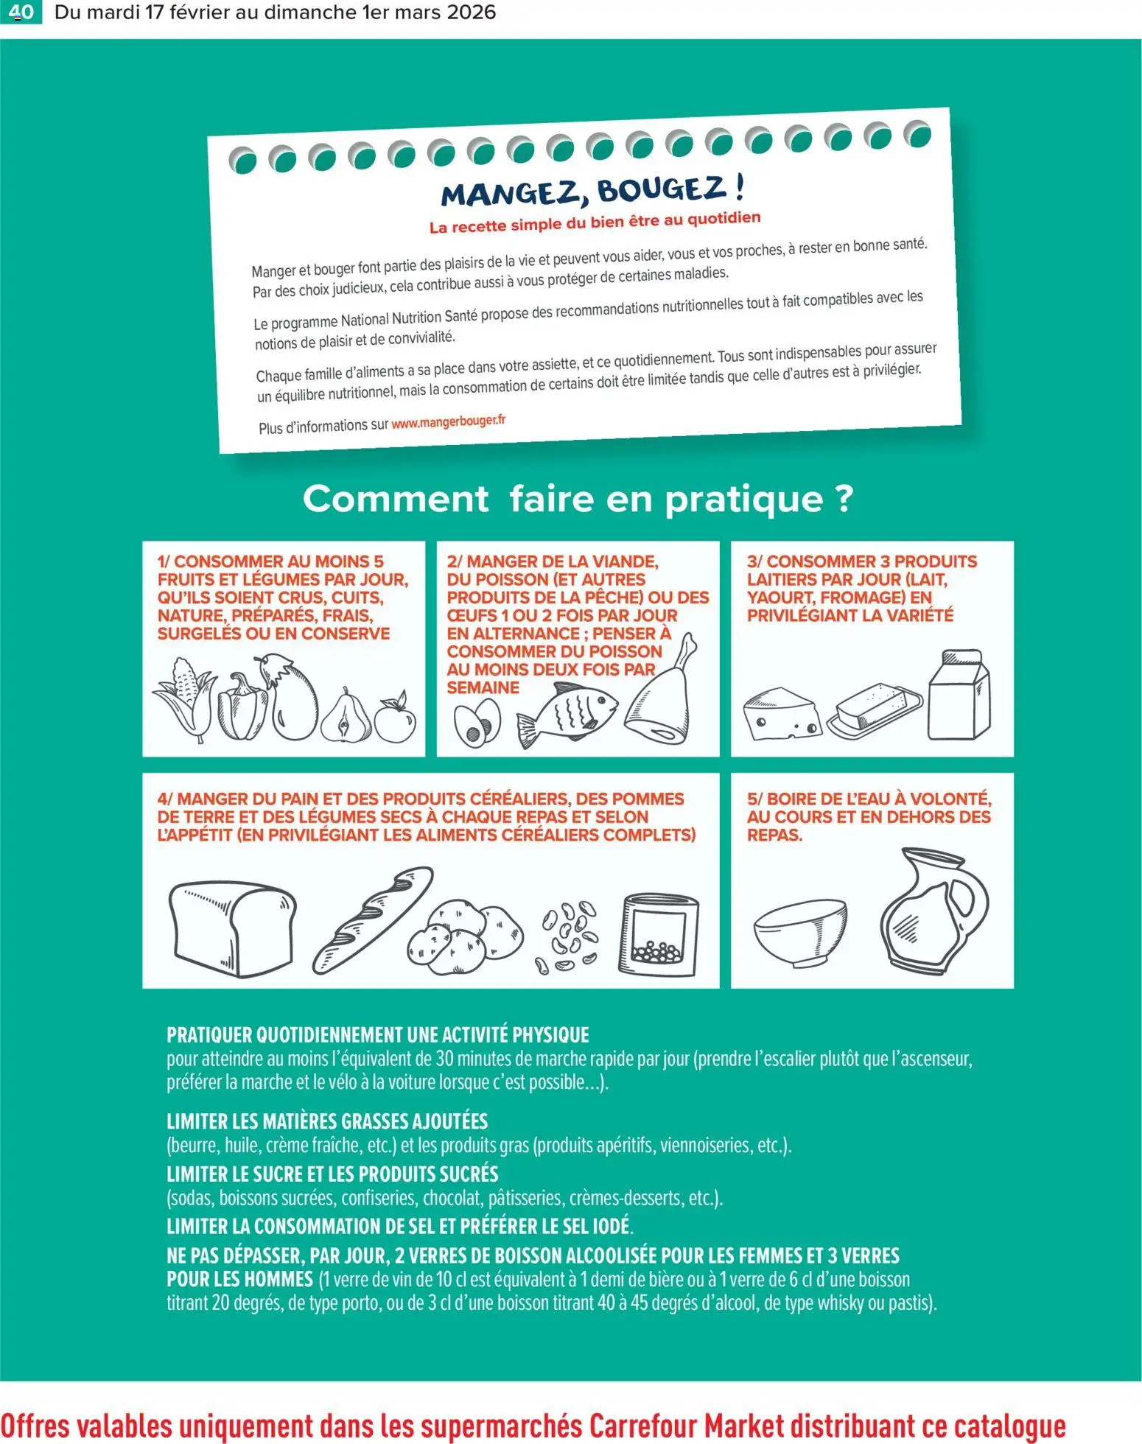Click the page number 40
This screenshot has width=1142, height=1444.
point(21,12)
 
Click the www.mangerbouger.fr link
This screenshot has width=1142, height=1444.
point(448,422)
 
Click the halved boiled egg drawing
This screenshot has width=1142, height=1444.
point(477,723)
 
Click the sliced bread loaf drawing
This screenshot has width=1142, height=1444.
point(231,928)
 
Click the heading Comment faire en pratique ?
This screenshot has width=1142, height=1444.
point(578,499)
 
